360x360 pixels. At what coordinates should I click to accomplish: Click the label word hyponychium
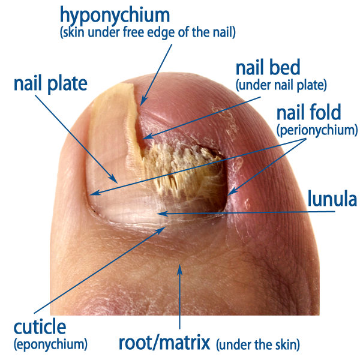(115, 16)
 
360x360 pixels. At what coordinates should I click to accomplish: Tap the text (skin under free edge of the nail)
(148, 32)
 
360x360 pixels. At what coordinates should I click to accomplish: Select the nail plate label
(50, 84)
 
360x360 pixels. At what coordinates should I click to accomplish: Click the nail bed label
(268, 67)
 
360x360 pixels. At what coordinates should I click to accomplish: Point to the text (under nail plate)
(281, 85)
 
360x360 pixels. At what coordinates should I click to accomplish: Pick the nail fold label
(309, 112)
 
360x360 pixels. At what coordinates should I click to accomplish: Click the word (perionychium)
(317, 130)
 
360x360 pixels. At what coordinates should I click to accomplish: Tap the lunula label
(332, 199)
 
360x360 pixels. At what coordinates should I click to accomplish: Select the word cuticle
(40, 327)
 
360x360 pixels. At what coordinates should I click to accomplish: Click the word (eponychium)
(51, 345)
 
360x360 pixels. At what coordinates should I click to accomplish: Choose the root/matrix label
(164, 343)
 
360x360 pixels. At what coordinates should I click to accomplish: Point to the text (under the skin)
(258, 345)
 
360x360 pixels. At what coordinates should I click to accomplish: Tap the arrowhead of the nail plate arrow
(114, 179)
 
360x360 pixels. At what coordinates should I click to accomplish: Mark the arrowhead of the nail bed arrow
(148, 137)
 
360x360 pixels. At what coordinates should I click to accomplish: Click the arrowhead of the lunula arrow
(162, 214)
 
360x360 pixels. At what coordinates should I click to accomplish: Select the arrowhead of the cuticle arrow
(162, 230)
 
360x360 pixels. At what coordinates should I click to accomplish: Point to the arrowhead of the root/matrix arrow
(180, 269)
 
